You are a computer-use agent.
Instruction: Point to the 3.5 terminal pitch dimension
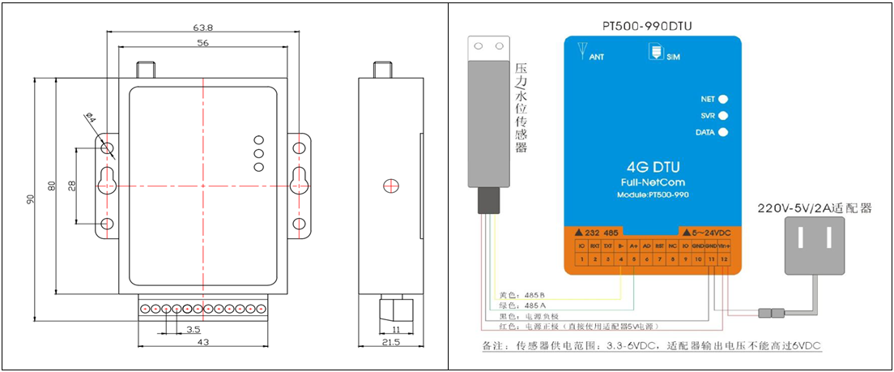coord(193,331)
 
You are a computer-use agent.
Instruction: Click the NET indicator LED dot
coord(723,99)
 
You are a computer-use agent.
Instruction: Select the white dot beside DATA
coord(723,132)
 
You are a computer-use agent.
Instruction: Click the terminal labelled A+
coord(633,245)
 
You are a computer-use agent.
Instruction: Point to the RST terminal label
coord(659,245)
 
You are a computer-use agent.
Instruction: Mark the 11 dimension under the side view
coord(396,331)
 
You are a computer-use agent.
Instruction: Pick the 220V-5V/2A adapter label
coord(814,207)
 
